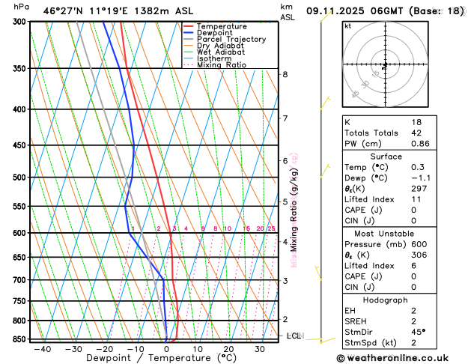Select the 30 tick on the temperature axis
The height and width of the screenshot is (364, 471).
coord(259,348)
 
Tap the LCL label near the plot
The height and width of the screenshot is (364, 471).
coord(294,336)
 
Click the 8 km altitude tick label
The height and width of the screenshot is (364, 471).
coord(285,74)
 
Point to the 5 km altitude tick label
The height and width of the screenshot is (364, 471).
coord(285,201)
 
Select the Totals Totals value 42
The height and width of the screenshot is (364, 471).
coord(416,133)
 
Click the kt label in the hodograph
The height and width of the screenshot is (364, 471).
coord(347,25)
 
